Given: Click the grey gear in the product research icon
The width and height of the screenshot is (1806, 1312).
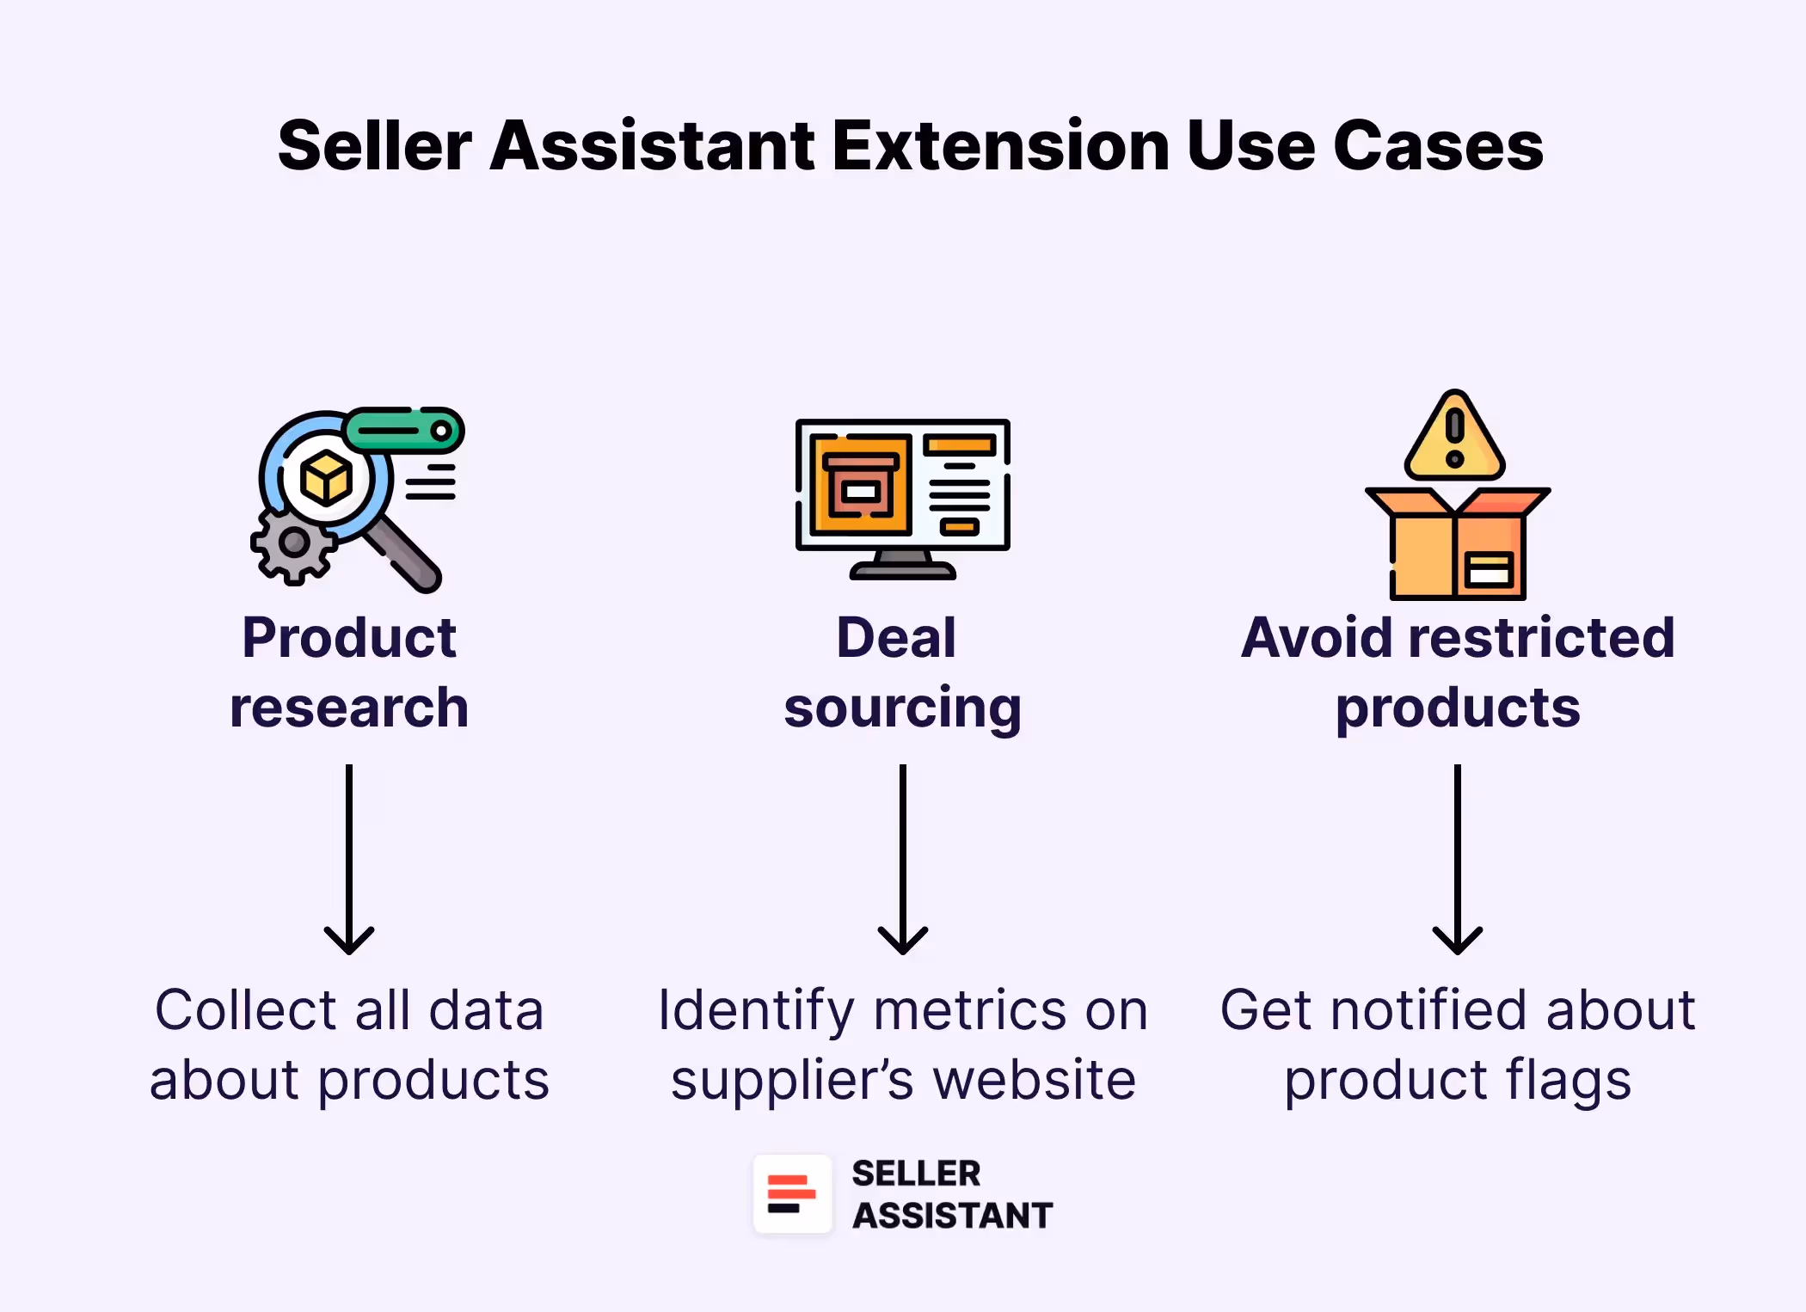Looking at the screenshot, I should tap(293, 543).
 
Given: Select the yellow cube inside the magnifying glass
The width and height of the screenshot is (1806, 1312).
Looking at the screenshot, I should tap(326, 478).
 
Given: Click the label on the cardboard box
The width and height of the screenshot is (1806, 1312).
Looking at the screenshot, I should tap(1489, 569).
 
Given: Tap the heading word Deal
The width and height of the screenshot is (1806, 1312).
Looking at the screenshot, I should tap(896, 638).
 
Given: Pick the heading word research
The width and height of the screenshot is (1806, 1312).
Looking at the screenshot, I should tap(349, 708).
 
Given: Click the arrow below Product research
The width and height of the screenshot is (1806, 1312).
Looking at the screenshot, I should tap(349, 860).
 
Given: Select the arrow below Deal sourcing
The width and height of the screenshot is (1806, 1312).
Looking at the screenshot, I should tap(902, 860).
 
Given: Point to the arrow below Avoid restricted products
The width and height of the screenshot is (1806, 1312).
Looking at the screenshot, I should tap(1457, 860).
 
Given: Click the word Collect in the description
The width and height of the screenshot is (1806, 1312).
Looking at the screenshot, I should tap(244, 1010).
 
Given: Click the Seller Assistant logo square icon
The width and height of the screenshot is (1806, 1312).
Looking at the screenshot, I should tap(792, 1194).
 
